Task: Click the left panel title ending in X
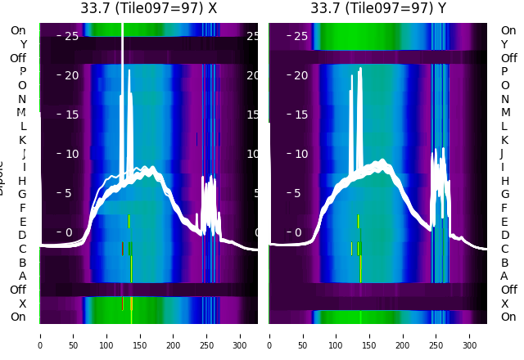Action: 148,8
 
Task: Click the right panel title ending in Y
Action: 378,8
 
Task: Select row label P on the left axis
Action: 22,72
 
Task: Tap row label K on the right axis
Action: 504,140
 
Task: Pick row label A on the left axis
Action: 22,276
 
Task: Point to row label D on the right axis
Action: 504,236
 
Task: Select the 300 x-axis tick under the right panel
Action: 471,335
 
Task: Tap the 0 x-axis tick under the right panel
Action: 270,335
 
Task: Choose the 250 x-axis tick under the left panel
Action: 207,335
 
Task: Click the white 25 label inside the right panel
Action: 300,36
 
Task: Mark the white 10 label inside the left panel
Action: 71,154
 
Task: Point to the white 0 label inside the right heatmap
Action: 298,232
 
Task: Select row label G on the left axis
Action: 22,195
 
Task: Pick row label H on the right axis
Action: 504,181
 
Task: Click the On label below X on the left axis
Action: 18,317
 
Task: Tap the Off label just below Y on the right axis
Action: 508,58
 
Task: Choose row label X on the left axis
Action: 22,304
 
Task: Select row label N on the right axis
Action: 504,99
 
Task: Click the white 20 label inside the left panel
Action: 71,75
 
